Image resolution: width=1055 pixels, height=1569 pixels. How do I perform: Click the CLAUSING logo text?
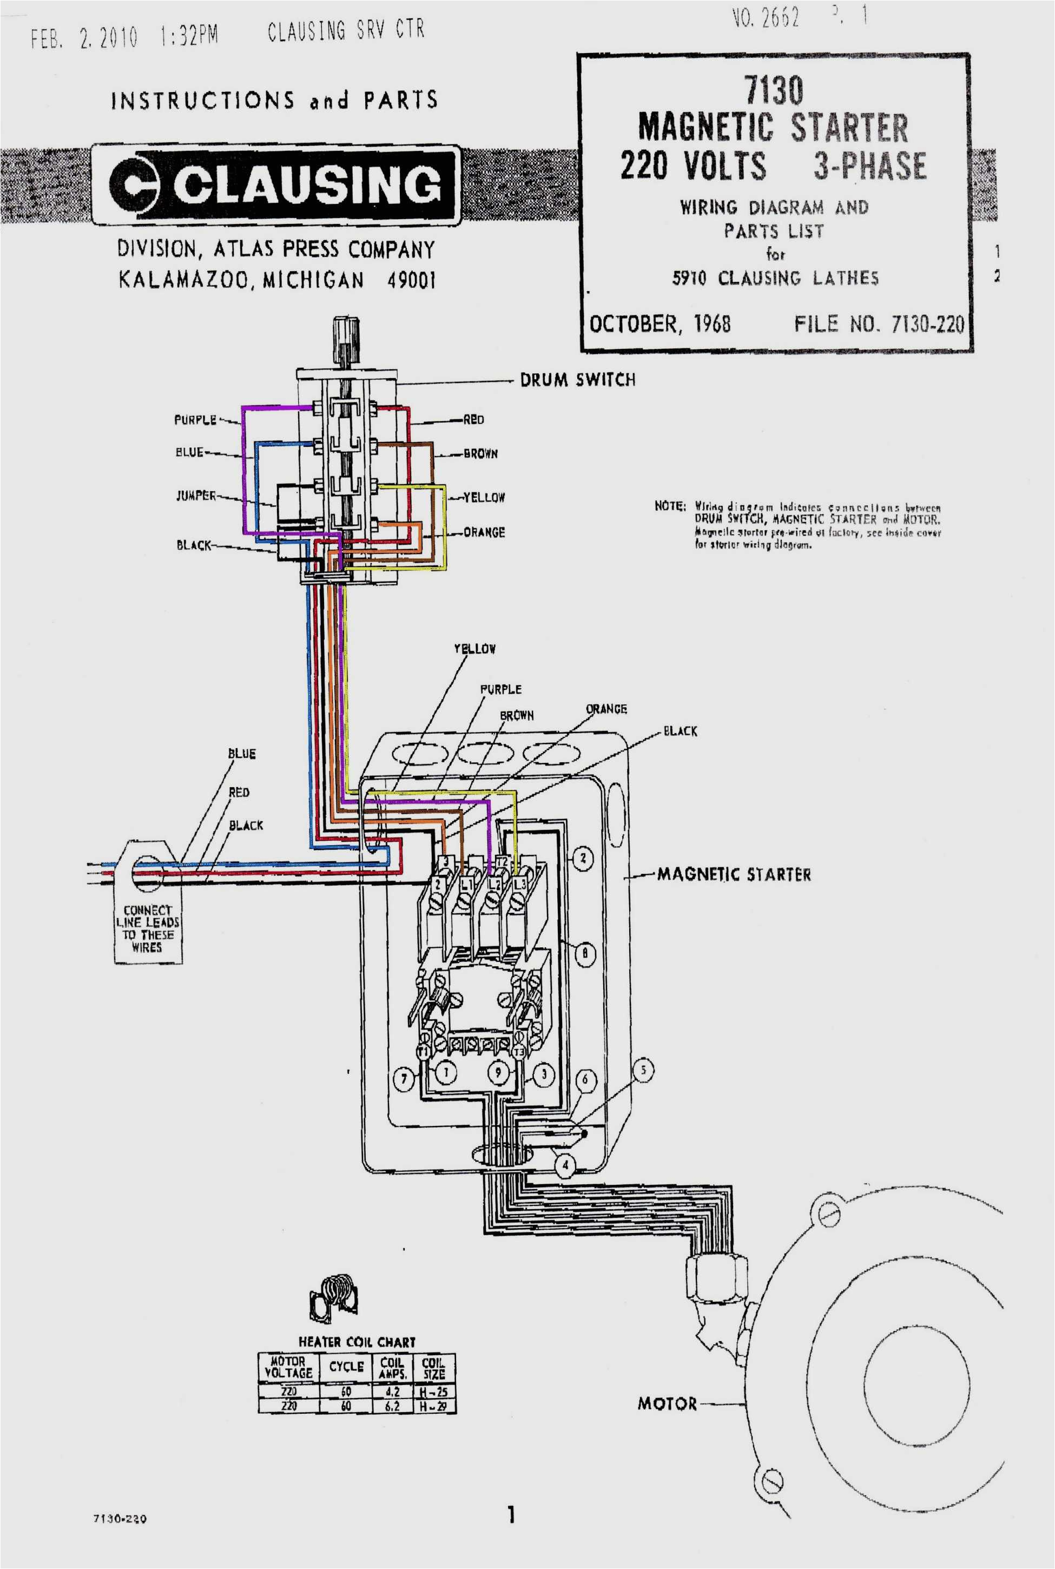[306, 183]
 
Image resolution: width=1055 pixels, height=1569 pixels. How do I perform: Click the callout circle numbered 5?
[643, 1070]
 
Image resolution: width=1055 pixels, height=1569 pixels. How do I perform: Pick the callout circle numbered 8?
[585, 953]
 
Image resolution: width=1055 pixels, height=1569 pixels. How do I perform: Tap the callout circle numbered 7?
[404, 1079]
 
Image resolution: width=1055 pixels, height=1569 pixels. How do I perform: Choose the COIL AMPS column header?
[392, 1368]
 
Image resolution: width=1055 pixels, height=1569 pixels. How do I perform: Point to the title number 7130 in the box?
[773, 90]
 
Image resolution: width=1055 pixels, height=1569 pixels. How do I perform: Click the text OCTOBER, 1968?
[660, 324]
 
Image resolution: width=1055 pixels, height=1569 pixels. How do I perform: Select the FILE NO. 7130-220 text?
[879, 324]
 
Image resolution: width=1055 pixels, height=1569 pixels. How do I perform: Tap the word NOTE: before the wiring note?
[669, 506]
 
